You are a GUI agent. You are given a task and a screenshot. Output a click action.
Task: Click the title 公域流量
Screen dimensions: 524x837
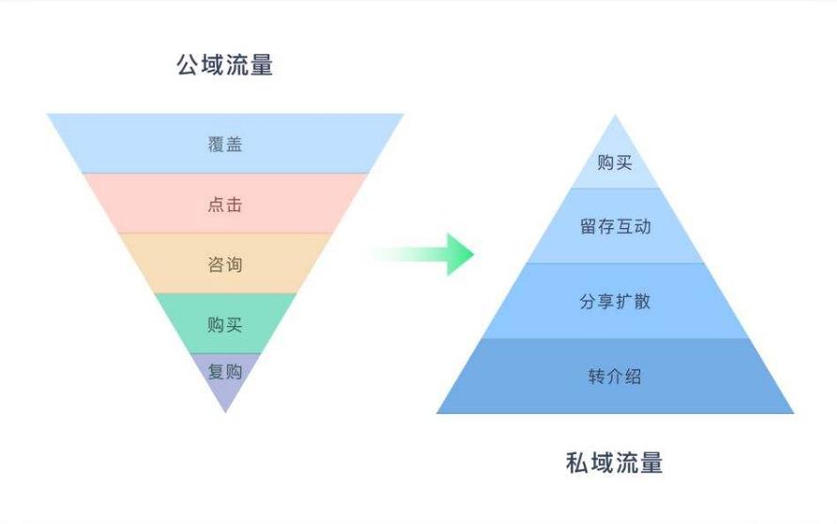(x=225, y=66)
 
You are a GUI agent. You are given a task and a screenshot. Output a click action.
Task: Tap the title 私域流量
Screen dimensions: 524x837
(x=615, y=463)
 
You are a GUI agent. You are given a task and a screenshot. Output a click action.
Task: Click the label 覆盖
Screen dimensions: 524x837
(x=225, y=144)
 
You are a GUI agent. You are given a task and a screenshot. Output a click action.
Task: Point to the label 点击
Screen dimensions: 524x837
(x=225, y=205)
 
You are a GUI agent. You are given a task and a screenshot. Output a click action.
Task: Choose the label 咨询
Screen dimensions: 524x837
(x=225, y=265)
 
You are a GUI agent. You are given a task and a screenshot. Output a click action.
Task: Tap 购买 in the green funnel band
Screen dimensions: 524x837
(x=225, y=325)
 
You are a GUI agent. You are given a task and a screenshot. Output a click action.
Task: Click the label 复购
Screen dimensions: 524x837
(x=225, y=371)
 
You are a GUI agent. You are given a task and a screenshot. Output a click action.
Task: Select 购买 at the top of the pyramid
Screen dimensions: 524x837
(x=615, y=162)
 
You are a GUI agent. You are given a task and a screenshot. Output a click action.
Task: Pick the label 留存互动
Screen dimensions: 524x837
(x=615, y=226)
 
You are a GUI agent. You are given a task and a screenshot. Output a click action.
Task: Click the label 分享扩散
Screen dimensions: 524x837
(x=615, y=302)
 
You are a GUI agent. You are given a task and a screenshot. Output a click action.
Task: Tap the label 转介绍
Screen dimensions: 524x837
(x=615, y=377)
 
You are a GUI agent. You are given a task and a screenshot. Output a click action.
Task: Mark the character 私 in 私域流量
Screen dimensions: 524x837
(x=578, y=463)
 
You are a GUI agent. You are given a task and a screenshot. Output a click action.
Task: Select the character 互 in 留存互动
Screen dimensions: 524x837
(x=624, y=226)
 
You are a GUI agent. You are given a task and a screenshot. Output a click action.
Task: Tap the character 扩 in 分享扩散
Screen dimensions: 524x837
(x=624, y=302)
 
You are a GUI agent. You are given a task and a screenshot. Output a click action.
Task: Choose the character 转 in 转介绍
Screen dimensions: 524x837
(x=597, y=377)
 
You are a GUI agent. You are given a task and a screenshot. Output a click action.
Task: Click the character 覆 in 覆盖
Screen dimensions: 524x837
(x=216, y=144)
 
